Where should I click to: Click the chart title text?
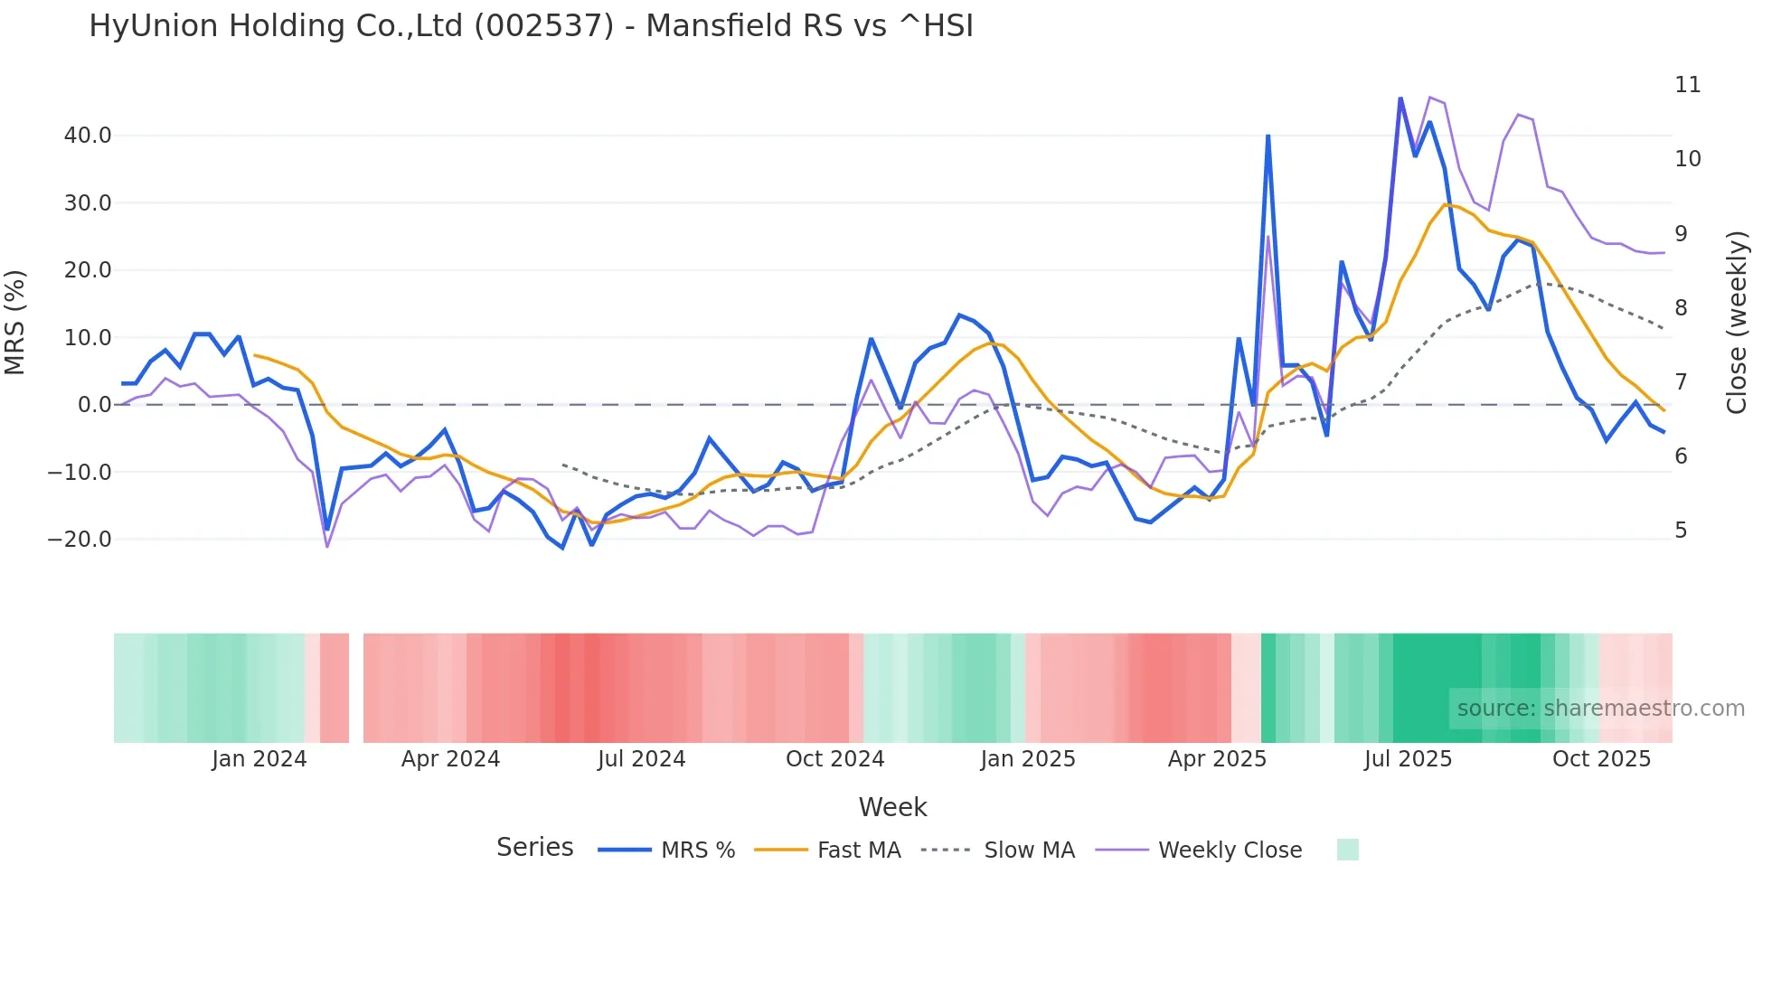(531, 26)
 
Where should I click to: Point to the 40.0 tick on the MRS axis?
(88, 136)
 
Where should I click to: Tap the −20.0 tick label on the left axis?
(80, 540)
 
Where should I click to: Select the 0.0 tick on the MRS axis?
(94, 405)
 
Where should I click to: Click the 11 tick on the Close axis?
(1687, 85)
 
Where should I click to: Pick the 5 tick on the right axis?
(1681, 531)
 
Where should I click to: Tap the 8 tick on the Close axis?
(1681, 308)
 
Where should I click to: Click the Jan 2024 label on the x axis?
(259, 759)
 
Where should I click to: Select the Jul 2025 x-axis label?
(1408, 759)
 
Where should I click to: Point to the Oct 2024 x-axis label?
(834, 759)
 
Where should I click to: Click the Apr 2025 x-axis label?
(1217, 759)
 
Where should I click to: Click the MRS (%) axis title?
(15, 322)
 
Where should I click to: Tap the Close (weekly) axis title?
(1736, 322)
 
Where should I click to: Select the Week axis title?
(892, 807)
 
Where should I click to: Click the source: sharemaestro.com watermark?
(1600, 709)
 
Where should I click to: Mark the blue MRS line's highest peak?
(1400, 99)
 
